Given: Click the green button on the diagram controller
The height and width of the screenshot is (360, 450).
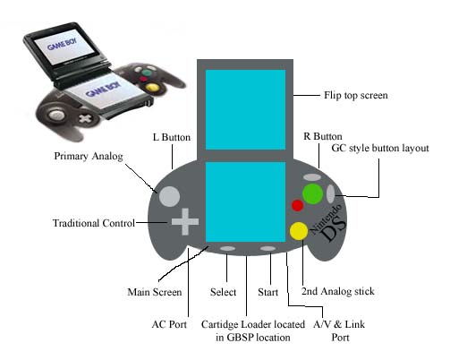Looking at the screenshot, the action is click(312, 193).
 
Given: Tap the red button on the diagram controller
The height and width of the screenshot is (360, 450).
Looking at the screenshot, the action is click(297, 205).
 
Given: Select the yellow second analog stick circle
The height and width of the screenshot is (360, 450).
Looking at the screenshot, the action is click(299, 231).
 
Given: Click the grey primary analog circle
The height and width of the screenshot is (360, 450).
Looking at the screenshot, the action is click(169, 197).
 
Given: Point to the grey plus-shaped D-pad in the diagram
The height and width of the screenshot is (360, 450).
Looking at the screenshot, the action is click(185, 221).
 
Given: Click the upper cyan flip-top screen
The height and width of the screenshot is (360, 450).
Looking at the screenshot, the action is click(245, 109).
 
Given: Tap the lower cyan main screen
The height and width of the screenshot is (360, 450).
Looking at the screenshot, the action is click(245, 202).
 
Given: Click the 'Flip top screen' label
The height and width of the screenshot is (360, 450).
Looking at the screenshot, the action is click(356, 96).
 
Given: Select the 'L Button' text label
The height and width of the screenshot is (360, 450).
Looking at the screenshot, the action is click(172, 137).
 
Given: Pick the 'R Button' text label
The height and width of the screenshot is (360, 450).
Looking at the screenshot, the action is click(323, 136).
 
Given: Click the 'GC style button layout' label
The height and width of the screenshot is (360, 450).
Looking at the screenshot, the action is click(380, 148).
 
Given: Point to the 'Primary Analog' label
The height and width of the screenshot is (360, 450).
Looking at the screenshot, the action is click(89, 156).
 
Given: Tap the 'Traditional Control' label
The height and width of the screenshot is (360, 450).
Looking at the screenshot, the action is click(94, 223).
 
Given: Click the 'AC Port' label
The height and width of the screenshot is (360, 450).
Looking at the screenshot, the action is click(169, 324).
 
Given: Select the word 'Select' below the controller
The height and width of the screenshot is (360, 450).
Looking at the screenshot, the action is click(223, 292).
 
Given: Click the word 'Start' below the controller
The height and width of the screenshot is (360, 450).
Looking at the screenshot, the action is click(267, 292).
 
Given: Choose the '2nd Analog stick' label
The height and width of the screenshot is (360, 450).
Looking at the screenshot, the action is click(338, 291).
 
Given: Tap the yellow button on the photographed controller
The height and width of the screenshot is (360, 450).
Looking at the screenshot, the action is click(151, 88).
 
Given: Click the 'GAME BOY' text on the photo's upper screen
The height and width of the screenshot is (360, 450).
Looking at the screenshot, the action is click(62, 44).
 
